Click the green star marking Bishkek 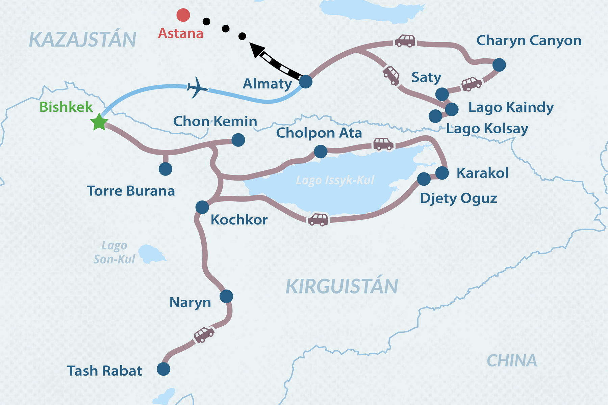99,122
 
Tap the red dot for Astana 183,15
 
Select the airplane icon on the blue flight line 197,88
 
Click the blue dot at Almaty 306,82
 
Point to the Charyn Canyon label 529,41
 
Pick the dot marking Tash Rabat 163,369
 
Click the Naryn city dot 226,296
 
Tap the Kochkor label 239,220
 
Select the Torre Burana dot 165,169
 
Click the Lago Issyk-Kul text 335,180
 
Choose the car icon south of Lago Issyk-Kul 318,219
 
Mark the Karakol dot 442,173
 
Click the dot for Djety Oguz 424,179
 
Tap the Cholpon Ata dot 321,152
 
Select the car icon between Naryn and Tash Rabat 204,334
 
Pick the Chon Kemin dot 238,140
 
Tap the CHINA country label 512,361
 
